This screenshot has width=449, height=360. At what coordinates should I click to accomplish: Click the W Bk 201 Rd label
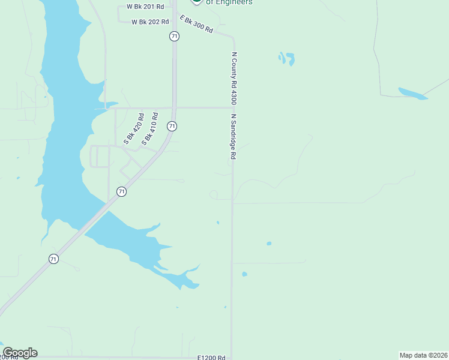click(x=145, y=7)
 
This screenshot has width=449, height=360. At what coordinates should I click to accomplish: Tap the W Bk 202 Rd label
click(x=150, y=22)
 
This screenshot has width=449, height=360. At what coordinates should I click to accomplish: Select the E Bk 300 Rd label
click(x=196, y=25)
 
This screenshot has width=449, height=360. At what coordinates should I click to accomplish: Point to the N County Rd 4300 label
click(x=235, y=78)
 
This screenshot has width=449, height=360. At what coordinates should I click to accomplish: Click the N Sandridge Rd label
click(x=234, y=137)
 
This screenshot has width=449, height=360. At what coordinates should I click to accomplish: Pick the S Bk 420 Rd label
click(x=134, y=129)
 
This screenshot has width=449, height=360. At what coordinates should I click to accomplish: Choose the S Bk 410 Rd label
click(x=149, y=128)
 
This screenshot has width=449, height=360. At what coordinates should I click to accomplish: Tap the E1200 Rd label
click(x=211, y=357)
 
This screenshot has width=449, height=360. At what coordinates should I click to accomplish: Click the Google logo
click(x=20, y=353)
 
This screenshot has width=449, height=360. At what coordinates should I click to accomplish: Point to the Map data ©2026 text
click(x=423, y=355)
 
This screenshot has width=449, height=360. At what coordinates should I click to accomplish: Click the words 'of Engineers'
click(x=229, y=2)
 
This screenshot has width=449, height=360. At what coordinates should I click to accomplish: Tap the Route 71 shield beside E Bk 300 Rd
click(x=174, y=36)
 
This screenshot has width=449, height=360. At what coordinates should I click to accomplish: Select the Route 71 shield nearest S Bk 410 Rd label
click(x=172, y=126)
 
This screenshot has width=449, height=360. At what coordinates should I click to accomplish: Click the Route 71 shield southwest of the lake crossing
click(x=54, y=259)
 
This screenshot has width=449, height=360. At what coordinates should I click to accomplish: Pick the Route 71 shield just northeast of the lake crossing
click(x=122, y=191)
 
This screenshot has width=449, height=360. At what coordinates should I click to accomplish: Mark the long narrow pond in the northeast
click(x=413, y=94)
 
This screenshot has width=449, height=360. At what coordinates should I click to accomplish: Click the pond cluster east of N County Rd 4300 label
click(x=286, y=58)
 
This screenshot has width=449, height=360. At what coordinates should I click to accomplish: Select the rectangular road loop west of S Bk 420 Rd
click(x=100, y=156)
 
